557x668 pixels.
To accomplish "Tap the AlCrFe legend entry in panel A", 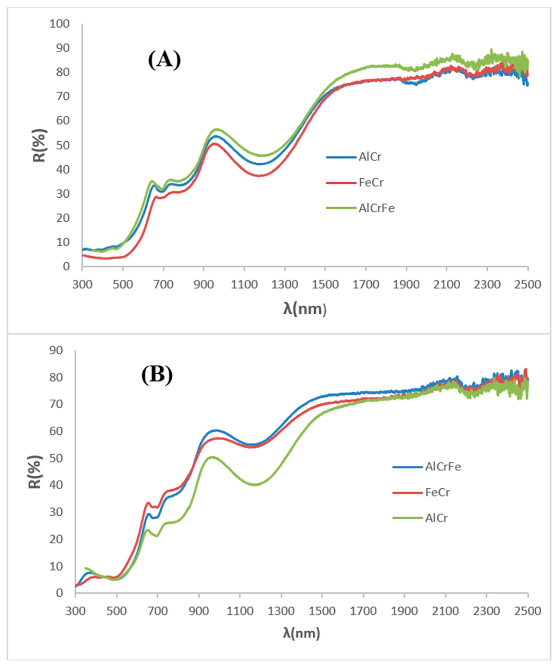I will pos(376,208).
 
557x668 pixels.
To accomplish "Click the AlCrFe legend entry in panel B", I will pos(443,467).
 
